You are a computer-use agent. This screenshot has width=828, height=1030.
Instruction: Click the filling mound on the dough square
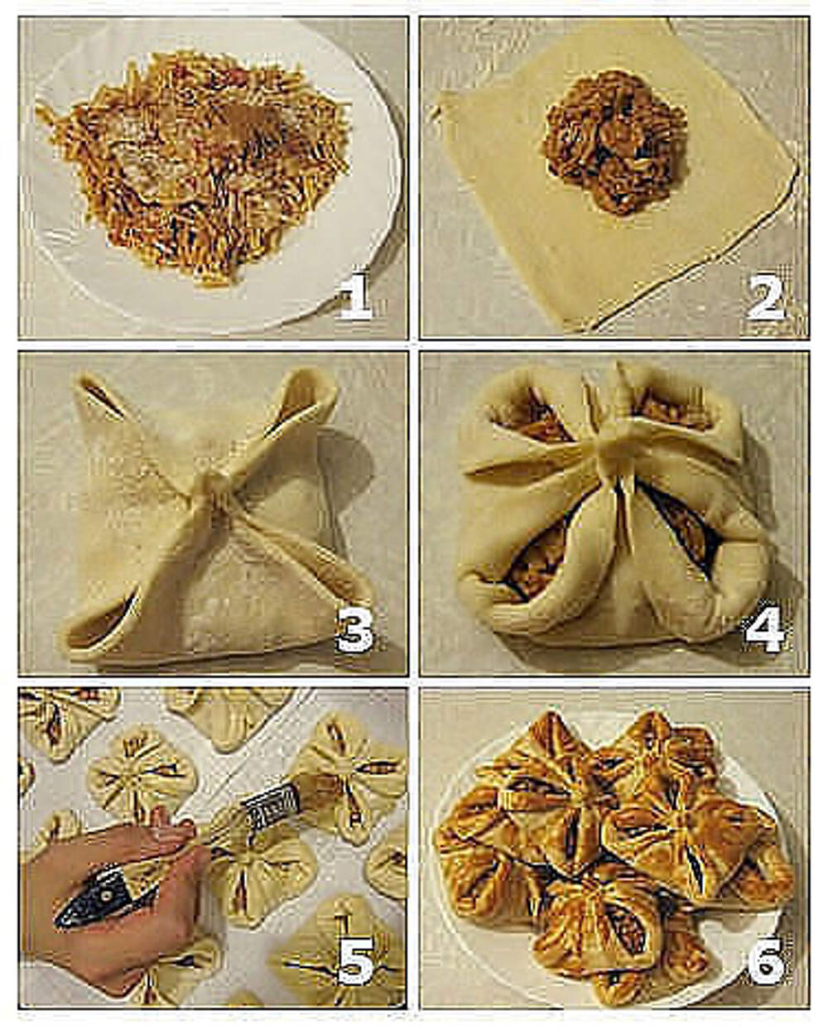click(x=615, y=142)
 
